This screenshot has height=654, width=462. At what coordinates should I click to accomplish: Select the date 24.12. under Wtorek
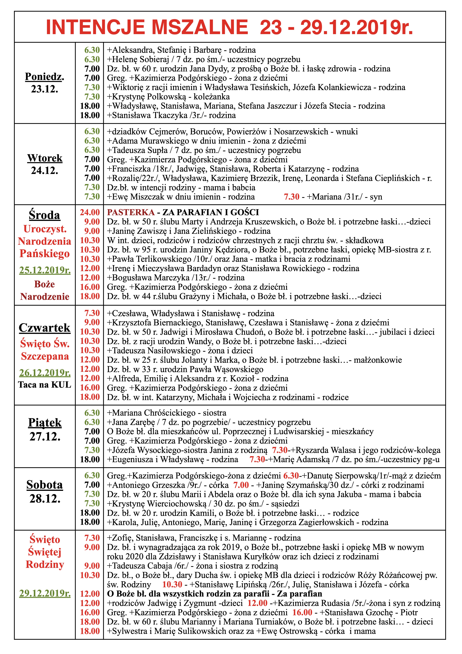[44, 171]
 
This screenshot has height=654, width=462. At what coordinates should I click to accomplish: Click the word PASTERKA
[131, 213]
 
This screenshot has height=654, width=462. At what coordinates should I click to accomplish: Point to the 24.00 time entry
[90, 213]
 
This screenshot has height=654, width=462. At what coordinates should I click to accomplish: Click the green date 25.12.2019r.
[45, 270]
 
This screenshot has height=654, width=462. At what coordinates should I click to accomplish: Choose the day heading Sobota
[45, 485]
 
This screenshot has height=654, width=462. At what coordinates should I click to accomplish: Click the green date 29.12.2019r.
[45, 594]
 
